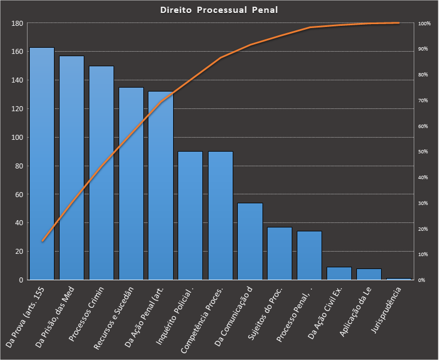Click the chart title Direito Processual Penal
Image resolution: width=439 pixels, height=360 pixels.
pos(219,10)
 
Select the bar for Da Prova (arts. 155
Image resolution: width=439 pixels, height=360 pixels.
pos(42,168)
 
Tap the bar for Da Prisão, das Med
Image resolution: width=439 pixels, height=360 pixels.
pos(71,168)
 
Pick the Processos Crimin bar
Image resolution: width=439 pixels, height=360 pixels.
pos(101,174)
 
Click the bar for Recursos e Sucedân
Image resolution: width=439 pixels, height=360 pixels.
pos(131,185)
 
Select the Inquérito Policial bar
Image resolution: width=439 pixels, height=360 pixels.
pos(191,216)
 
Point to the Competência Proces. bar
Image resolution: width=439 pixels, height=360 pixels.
pos(220,216)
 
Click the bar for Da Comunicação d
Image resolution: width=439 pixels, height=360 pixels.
pos(250,241)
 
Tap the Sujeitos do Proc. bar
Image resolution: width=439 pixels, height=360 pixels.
pos(280,253)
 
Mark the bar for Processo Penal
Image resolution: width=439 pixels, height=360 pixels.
pos(310,256)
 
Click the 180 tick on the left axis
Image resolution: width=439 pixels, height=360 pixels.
pos(17,24)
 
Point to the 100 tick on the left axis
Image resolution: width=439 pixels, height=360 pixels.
pos(17,138)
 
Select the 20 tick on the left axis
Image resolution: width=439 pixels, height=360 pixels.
pos(19,252)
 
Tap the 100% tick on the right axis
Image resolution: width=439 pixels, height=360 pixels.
pos(424,24)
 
